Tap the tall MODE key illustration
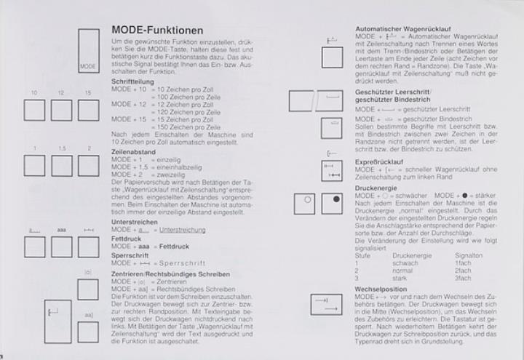pos(88,50)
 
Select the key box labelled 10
pos(35,110)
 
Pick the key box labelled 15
pos(88,110)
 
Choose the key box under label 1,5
pos(61,166)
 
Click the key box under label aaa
pos(61,247)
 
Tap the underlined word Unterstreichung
pos(180,230)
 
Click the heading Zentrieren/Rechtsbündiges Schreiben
pos(171,274)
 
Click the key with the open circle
pos(306,203)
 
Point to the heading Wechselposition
pos(378,289)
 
